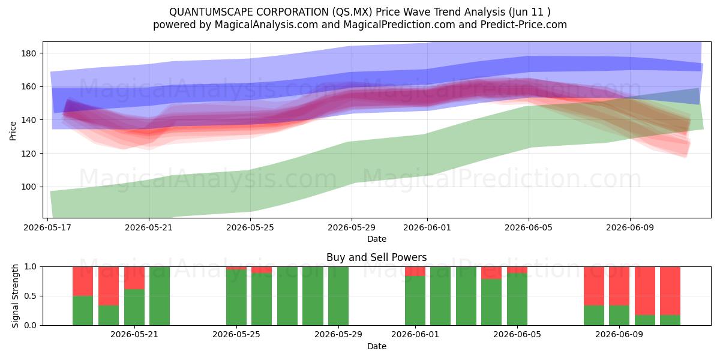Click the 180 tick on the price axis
pyautogui.click(x=29, y=53)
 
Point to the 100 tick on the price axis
pyautogui.click(x=29, y=187)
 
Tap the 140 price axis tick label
pyautogui.click(x=29, y=120)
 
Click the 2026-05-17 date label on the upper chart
pyautogui.click(x=47, y=227)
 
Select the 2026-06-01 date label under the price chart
pyautogui.click(x=427, y=227)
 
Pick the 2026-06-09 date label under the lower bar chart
pyautogui.click(x=619, y=334)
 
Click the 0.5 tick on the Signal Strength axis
pyautogui.click(x=31, y=296)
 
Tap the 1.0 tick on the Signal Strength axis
pyautogui.click(x=31, y=267)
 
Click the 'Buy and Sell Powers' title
pyautogui.click(x=376, y=257)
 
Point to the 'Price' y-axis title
pyautogui.click(x=13, y=131)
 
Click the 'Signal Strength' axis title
pyautogui.click(x=15, y=296)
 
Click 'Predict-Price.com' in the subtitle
pyautogui.click(x=524, y=25)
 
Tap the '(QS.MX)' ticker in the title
pyautogui.click(x=352, y=12)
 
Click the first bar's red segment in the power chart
pyautogui.click(x=83, y=281)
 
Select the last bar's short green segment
pyautogui.click(x=670, y=320)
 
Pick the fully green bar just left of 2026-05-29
pyautogui.click(x=313, y=296)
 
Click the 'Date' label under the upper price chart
pyautogui.click(x=377, y=239)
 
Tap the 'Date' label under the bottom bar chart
pyautogui.click(x=377, y=347)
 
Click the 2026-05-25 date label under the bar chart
pyautogui.click(x=236, y=334)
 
